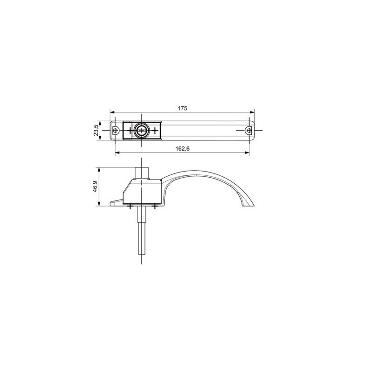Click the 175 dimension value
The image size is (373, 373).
click(x=182, y=108)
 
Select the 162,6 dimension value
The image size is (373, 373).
click(x=182, y=149)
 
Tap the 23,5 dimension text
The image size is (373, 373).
click(x=96, y=131)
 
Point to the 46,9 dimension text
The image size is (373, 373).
click(x=95, y=186)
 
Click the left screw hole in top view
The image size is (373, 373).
click(x=116, y=131)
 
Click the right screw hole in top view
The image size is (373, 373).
click(x=249, y=131)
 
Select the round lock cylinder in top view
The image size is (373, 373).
click(x=141, y=131)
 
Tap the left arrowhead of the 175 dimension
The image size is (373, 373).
click(x=112, y=112)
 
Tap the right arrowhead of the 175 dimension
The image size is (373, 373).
click(x=252, y=112)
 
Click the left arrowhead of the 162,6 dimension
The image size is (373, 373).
click(x=118, y=153)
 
